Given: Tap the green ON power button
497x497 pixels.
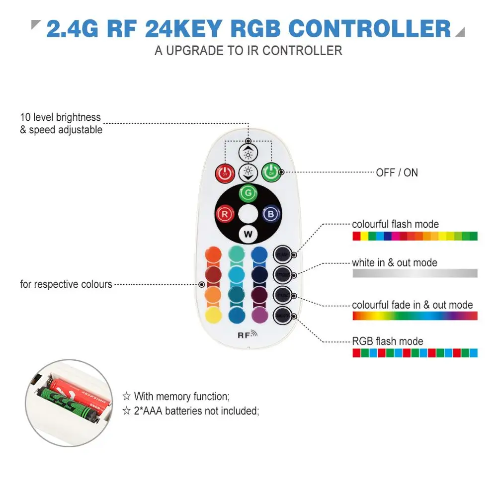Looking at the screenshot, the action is [x=270, y=172].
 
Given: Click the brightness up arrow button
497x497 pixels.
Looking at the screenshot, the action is [x=248, y=153].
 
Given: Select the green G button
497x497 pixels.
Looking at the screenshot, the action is [x=248, y=193].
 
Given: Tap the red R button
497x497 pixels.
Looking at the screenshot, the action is [x=225, y=215].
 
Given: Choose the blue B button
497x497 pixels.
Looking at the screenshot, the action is [x=270, y=215].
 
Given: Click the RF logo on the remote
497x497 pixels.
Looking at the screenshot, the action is [x=247, y=334].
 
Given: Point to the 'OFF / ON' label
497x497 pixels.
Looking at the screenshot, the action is [x=397, y=173].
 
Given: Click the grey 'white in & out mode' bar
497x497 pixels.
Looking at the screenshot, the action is [x=414, y=273].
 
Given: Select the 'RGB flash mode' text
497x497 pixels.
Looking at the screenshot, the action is [x=387, y=341].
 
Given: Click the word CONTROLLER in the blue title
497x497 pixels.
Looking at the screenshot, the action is [x=370, y=29].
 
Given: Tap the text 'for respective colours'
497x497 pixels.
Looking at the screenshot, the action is [x=66, y=285].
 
